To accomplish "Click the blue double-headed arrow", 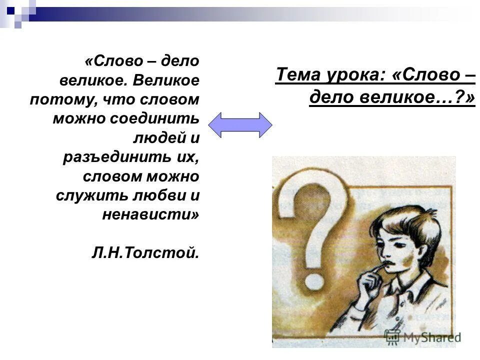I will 240,124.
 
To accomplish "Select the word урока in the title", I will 356,75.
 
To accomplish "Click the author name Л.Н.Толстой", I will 145,252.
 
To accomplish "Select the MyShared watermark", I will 422,336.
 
